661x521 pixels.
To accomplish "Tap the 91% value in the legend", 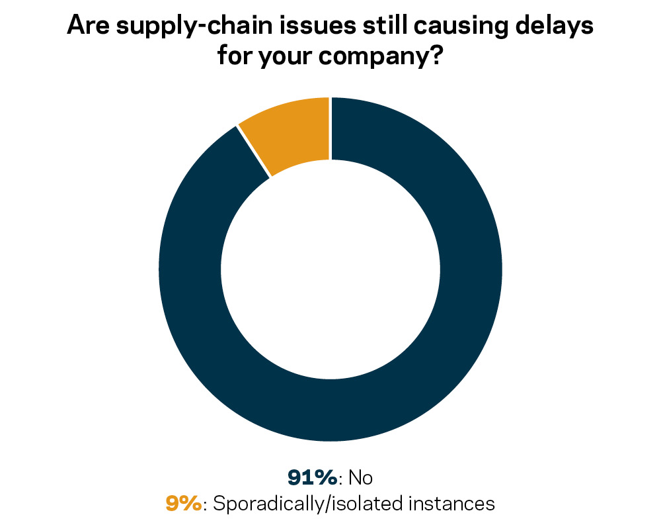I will (x=312, y=477).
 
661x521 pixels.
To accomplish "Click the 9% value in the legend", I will (x=182, y=503).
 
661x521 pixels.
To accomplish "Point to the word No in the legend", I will (x=360, y=477).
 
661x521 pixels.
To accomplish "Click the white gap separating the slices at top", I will (x=330, y=129).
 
